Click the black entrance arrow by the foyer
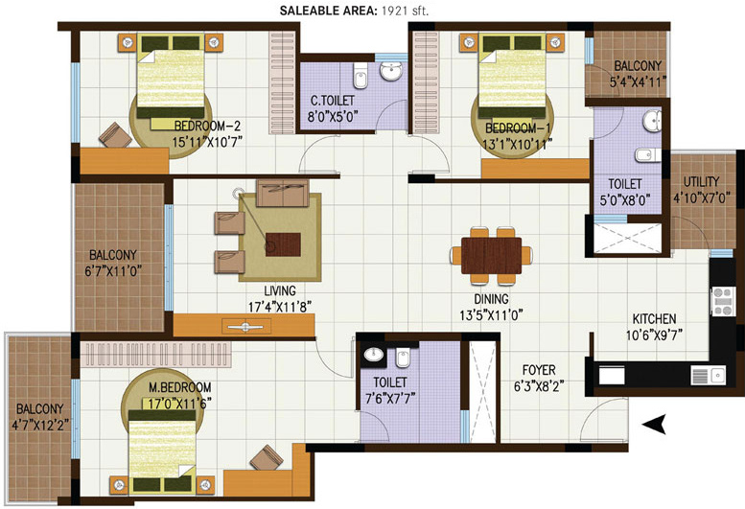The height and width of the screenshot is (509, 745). point(654,423)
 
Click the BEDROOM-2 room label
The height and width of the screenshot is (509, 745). point(206,126)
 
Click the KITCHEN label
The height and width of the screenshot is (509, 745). point(654,319)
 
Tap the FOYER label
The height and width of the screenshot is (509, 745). point(539,369)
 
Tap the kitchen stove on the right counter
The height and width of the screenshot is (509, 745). point(720,303)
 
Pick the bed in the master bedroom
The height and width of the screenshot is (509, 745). point(169,445)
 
